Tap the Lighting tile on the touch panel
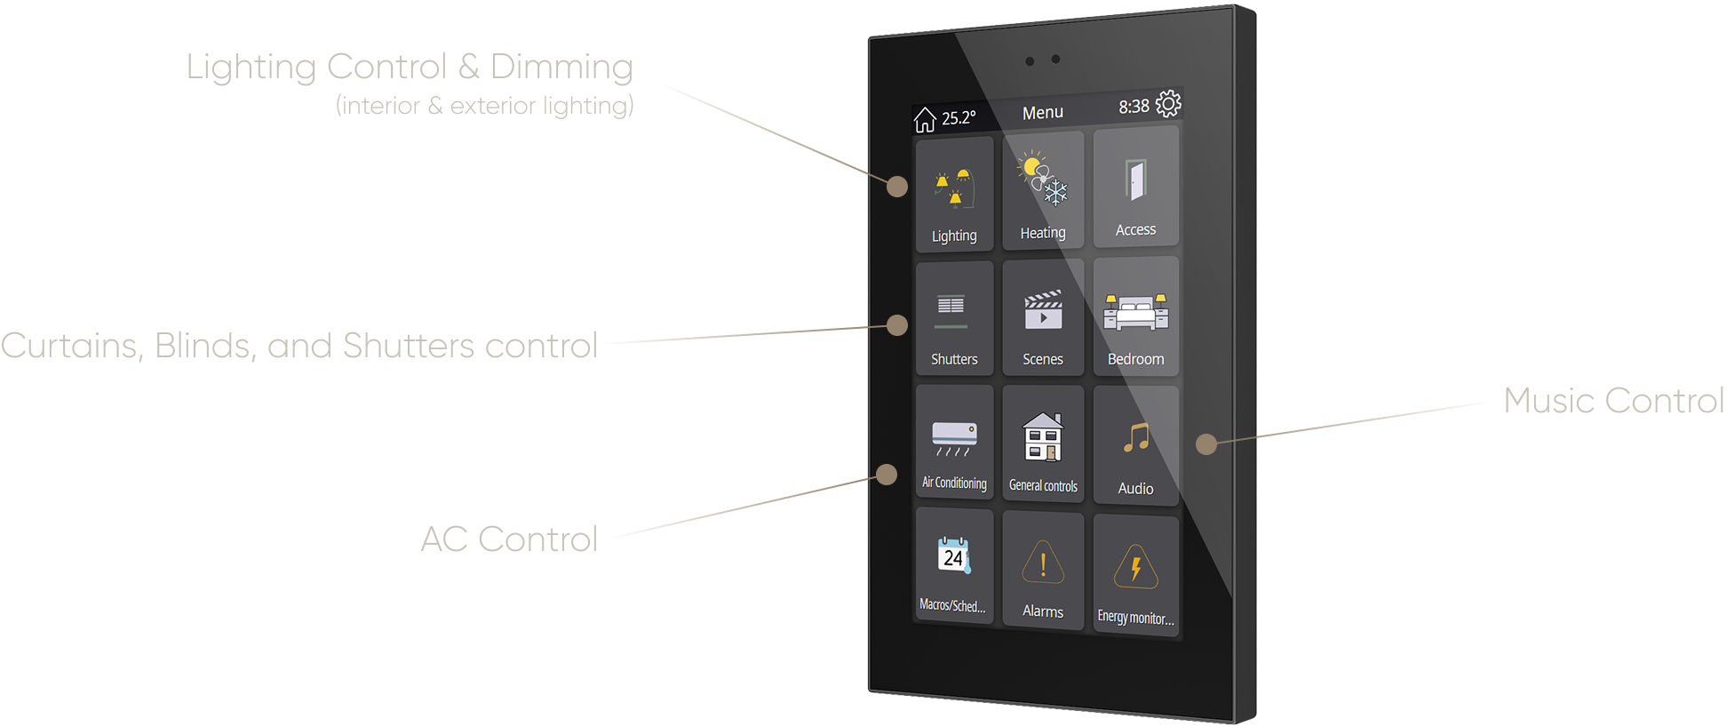(x=954, y=195)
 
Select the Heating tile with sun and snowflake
(x=1043, y=190)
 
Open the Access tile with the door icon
(x=1136, y=186)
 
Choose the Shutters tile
(x=954, y=317)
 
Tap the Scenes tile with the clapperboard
(x=1043, y=317)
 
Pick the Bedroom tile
(x=1136, y=316)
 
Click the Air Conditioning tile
(x=954, y=442)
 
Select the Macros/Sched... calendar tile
(x=954, y=566)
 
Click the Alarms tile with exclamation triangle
(x=1043, y=571)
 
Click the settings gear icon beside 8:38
(x=1168, y=104)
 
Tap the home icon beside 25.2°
(x=925, y=119)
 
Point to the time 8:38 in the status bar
(x=1134, y=107)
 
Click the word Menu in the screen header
(x=1043, y=113)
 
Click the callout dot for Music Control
(x=1206, y=444)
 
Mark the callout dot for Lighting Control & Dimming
(x=897, y=187)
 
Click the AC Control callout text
(x=509, y=539)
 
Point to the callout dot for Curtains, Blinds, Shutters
(x=897, y=325)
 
